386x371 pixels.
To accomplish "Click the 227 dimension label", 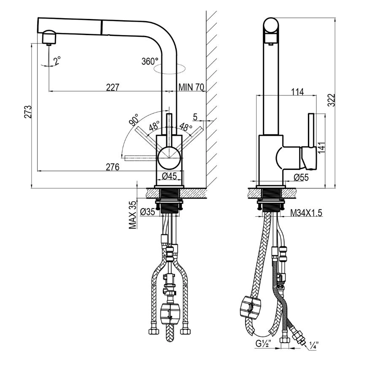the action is pyautogui.click(x=113, y=87).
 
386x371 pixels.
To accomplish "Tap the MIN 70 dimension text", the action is pyautogui.click(x=191, y=87).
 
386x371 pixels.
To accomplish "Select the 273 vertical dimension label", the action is pyautogui.click(x=28, y=112).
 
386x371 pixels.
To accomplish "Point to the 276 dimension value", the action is pyautogui.click(x=113, y=167).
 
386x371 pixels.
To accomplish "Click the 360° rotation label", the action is pyautogui.click(x=150, y=61).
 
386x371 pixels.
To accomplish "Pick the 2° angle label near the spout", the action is pyautogui.click(x=57, y=60).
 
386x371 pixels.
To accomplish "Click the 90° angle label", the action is pyautogui.click(x=134, y=120).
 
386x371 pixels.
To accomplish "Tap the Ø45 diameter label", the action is pyautogui.click(x=170, y=176).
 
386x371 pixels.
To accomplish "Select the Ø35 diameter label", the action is pyautogui.click(x=148, y=212).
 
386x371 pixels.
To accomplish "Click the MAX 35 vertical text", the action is pyautogui.click(x=133, y=215).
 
